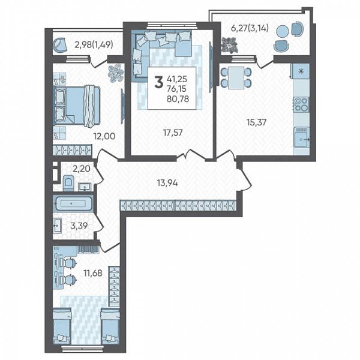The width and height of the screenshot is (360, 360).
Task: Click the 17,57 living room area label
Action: pos(173,133)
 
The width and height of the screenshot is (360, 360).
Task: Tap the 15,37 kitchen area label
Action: pos(256,122)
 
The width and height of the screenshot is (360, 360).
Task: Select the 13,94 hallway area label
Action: pos(167,183)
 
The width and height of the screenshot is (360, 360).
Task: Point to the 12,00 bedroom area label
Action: pos(104,136)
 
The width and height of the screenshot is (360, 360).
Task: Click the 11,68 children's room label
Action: pos(93,273)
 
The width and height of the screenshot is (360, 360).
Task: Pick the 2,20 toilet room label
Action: pos(81,169)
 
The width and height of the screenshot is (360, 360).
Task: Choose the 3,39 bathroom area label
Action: pos(79,226)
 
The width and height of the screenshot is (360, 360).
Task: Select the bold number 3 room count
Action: pos(158,83)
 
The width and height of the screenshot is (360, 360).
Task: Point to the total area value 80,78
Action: pos(178,99)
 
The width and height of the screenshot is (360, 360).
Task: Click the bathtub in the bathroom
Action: pos(73,203)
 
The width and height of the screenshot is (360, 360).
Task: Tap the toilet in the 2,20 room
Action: pos(68,182)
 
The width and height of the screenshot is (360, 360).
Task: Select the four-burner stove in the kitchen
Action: pos(301,104)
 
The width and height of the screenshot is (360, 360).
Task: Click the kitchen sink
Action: pos(302,137)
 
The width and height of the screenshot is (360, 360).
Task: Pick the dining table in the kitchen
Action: pos(236,77)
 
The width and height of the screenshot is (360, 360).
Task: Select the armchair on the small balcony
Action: pos(59,45)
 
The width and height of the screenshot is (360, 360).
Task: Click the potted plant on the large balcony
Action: pos(229,46)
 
